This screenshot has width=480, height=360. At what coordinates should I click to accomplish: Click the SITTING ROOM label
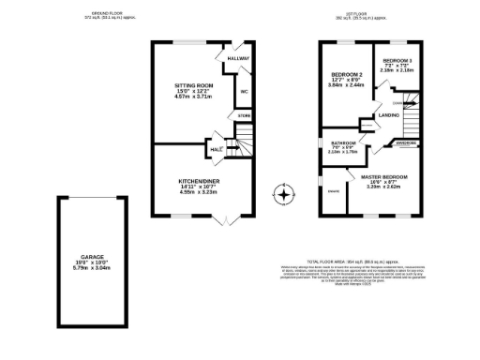193,85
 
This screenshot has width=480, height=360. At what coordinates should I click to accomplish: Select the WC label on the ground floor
244,92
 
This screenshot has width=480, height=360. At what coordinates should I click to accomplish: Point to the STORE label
244,116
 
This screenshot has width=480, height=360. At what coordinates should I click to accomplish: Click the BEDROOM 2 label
346,73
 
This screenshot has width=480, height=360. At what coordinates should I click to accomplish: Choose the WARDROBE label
406,143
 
